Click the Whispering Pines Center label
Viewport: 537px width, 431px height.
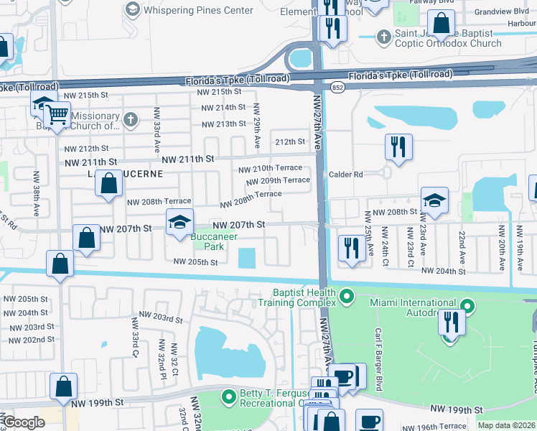(x=197, y=10)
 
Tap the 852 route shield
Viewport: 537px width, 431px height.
(x=337, y=86)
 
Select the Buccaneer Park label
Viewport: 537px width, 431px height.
(x=207, y=241)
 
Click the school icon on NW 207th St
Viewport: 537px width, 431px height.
(x=180, y=223)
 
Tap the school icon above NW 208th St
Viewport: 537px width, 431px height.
(x=434, y=201)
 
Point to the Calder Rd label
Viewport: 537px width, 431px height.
(x=346, y=175)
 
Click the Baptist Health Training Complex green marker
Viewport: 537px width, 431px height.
(x=347, y=296)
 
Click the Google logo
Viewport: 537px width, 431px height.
(x=24, y=422)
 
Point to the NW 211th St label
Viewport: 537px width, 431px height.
(x=188, y=158)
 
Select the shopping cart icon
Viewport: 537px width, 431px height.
(x=57, y=114)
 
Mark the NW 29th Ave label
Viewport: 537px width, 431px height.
(x=256, y=127)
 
